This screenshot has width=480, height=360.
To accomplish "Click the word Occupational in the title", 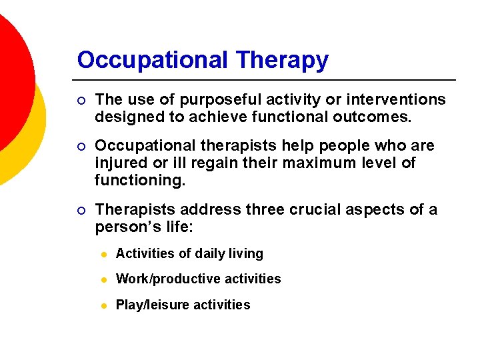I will pos(153,60).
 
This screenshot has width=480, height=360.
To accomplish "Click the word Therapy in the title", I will pos(283,60).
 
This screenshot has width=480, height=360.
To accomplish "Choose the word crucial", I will pos(313,209).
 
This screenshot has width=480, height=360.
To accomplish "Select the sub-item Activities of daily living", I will pos(189,254).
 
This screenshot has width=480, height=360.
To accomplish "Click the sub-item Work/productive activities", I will pos(198,279).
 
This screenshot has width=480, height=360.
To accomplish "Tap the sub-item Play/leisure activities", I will pos(183,305).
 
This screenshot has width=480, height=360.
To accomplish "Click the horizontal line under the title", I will pos(267,80).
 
